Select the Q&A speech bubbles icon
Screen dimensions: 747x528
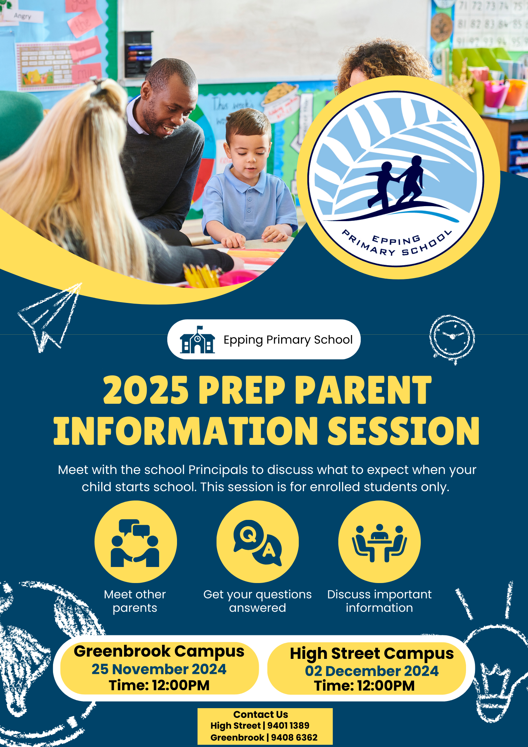[x=257, y=542]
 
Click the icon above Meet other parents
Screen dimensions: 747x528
[x=135, y=542]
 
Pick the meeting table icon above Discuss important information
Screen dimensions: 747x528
[x=379, y=542]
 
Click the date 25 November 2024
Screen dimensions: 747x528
[x=159, y=669]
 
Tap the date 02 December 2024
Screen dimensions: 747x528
[x=372, y=671]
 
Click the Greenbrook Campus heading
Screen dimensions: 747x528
[x=159, y=651]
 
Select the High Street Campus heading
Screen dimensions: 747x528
[x=372, y=654]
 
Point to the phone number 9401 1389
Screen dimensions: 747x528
[x=288, y=726]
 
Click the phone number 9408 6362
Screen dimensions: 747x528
[x=294, y=738]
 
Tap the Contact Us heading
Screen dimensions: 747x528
[x=261, y=715]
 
